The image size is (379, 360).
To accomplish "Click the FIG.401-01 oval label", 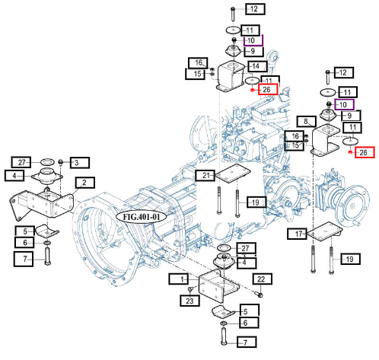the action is (142, 217).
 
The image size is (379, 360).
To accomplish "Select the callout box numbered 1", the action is (179, 279).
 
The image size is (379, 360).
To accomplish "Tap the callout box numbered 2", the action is (85, 183).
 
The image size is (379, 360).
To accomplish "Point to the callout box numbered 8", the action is (307, 122).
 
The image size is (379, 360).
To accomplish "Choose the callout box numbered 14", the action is (257, 66).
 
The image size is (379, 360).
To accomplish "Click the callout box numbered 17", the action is (298, 234).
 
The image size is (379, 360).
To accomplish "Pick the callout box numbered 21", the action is (205, 175).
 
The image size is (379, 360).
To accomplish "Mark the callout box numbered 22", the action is (263, 279).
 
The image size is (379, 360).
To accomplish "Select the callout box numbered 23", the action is (189, 301).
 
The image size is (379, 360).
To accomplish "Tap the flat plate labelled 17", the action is (324, 231).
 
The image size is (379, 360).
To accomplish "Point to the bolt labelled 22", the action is (260, 295).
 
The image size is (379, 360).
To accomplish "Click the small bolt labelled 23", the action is (191, 289).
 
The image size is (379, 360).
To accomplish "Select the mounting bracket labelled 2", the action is (41, 205).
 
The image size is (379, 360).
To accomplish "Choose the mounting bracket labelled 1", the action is (218, 285).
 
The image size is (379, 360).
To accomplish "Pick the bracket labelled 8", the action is (325, 140).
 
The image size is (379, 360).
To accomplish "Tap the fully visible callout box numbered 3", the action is (80, 163).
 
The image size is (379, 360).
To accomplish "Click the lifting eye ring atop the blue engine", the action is (274, 56).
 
